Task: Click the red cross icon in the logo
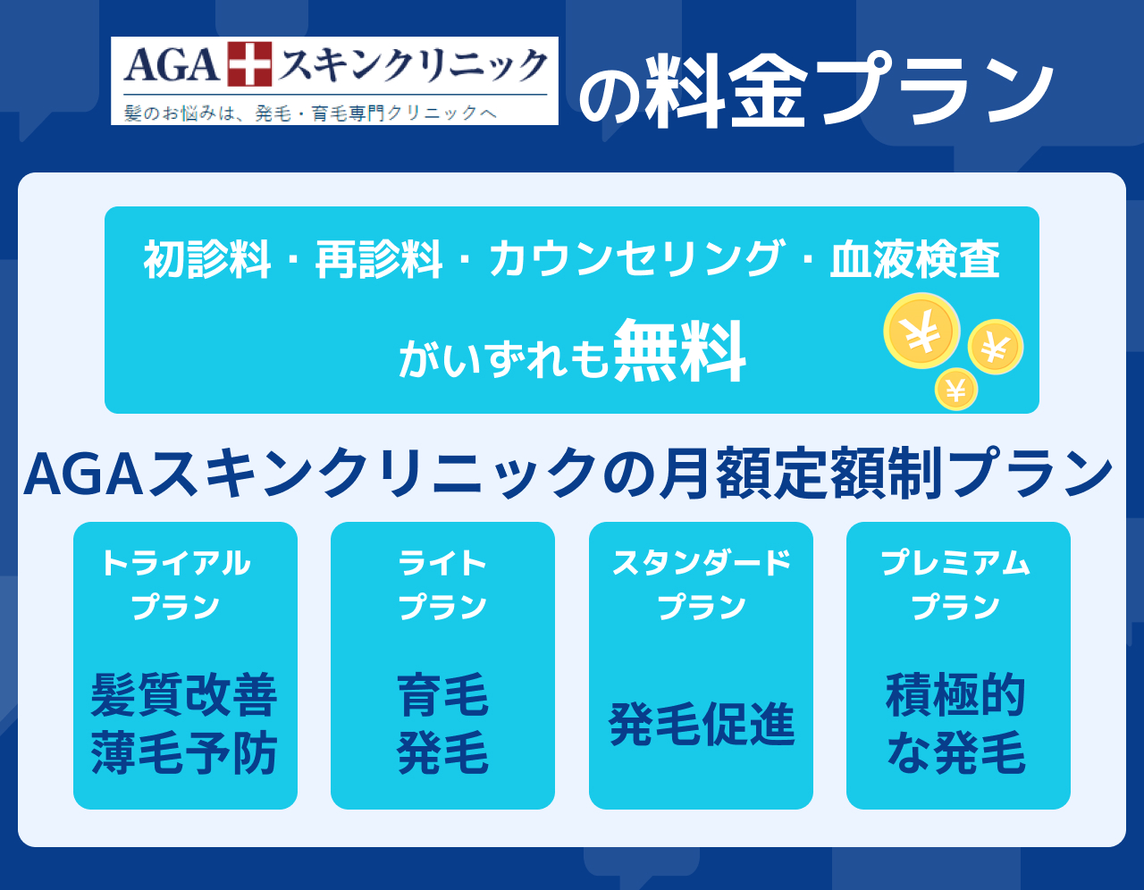point(249,63)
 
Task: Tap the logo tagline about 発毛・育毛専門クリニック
point(311,113)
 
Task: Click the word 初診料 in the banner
point(207,259)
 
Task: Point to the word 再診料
point(379,259)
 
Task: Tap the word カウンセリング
point(635,258)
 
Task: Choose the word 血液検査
point(915,259)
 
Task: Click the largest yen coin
point(921,331)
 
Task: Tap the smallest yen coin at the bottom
point(956,390)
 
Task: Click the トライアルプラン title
point(176,584)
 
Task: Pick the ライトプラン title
point(442,584)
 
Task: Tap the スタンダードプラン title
point(702,584)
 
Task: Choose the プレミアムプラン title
point(955,584)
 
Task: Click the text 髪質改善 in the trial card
point(184,694)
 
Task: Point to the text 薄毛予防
point(184,752)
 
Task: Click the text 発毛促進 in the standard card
point(702,724)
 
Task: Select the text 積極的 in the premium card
point(955,694)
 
